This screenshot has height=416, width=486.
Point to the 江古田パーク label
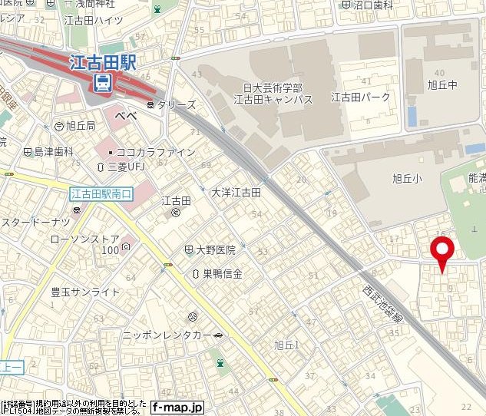(361, 97)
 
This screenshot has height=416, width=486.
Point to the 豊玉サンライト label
(85, 292)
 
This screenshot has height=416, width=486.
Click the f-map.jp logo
(177, 407)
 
